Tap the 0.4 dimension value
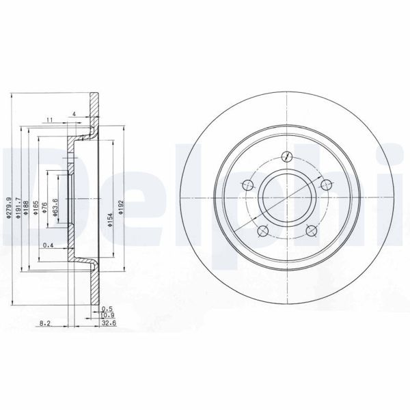tap(48, 245)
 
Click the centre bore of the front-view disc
tap(288, 199)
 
